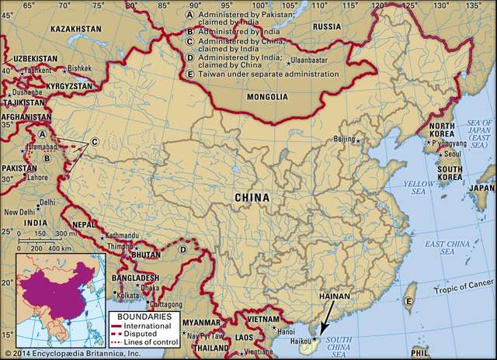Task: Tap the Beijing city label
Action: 343,139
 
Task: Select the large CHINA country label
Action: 252,198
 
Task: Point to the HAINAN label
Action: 335,297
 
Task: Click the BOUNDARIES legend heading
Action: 137,318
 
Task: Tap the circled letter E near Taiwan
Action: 408,302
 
